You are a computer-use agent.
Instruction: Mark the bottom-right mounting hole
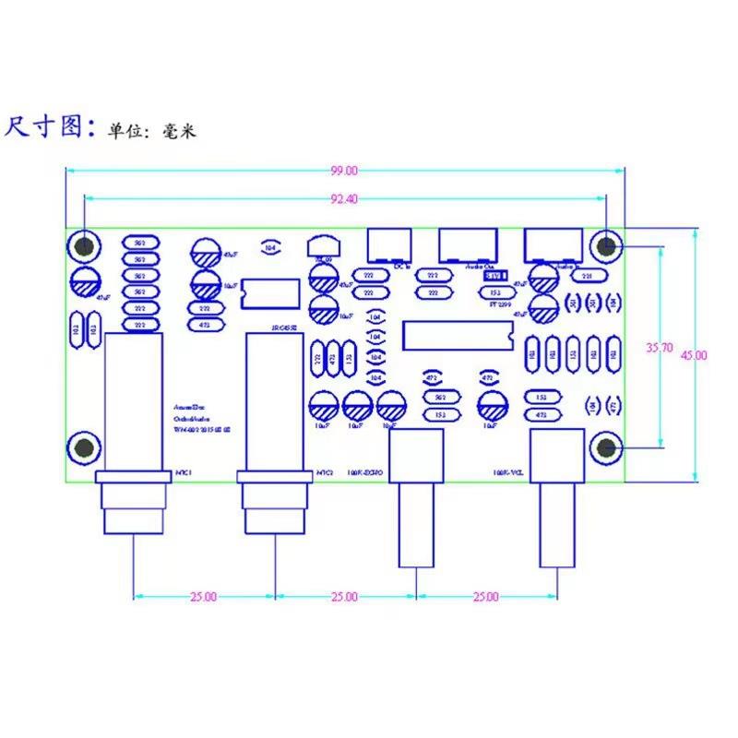606,448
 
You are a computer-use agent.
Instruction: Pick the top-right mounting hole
606,246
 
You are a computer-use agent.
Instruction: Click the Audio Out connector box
470,246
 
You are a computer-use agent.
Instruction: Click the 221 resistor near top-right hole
585,275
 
